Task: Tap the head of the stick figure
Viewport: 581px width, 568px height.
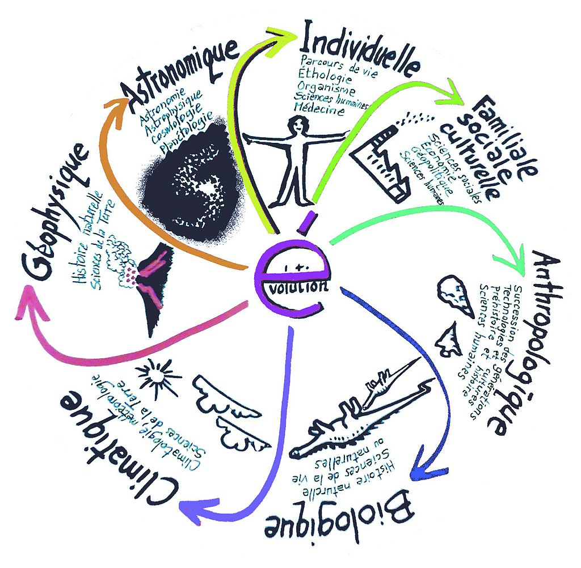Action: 297,125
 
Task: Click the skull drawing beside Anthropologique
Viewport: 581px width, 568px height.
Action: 457,294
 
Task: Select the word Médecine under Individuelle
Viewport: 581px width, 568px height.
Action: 321,111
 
